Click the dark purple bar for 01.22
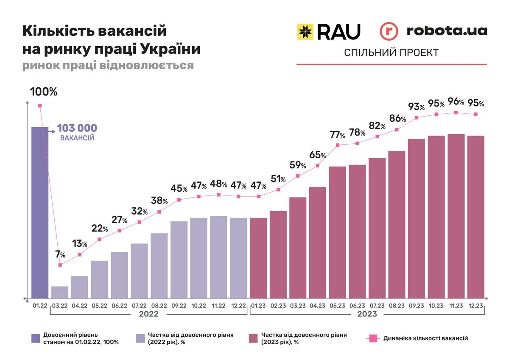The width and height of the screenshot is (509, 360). point(40,212)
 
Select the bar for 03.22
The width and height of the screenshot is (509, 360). point(60,292)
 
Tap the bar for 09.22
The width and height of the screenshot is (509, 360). point(179,260)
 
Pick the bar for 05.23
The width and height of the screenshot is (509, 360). point(337,232)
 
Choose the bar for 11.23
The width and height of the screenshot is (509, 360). point(456,216)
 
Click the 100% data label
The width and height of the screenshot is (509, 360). point(43,91)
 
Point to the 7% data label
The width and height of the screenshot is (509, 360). point(60,255)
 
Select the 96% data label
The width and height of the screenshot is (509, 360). point(456,102)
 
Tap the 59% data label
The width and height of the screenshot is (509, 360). point(298,165)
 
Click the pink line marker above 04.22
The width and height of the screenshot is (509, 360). point(80,254)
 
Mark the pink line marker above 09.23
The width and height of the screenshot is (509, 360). point(417,117)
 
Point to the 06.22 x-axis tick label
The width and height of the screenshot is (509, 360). point(119,305)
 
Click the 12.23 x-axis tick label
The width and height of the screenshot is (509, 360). point(475,305)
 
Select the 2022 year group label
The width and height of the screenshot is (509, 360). point(148,314)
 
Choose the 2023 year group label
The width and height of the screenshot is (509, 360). point(366,314)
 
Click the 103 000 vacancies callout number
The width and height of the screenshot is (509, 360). point(77,128)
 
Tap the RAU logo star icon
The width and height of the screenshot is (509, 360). point(305,31)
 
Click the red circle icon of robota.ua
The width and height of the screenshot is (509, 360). point(389,31)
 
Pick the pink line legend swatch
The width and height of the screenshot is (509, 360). point(373,338)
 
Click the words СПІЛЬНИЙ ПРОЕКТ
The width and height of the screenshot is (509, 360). point(391,53)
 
